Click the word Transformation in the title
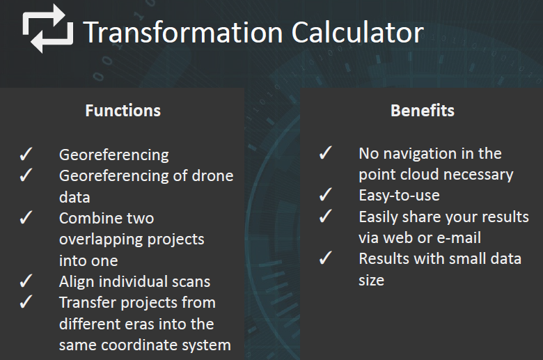click(183, 32)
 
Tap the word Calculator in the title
click(358, 32)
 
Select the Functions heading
click(123, 111)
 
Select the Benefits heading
click(423, 111)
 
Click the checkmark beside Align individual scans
click(26, 281)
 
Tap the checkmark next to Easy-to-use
click(326, 194)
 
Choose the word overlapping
click(101, 240)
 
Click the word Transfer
click(88, 302)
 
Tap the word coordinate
click(139, 345)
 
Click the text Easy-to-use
click(399, 196)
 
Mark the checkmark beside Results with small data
click(326, 258)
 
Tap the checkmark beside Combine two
click(26, 217)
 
